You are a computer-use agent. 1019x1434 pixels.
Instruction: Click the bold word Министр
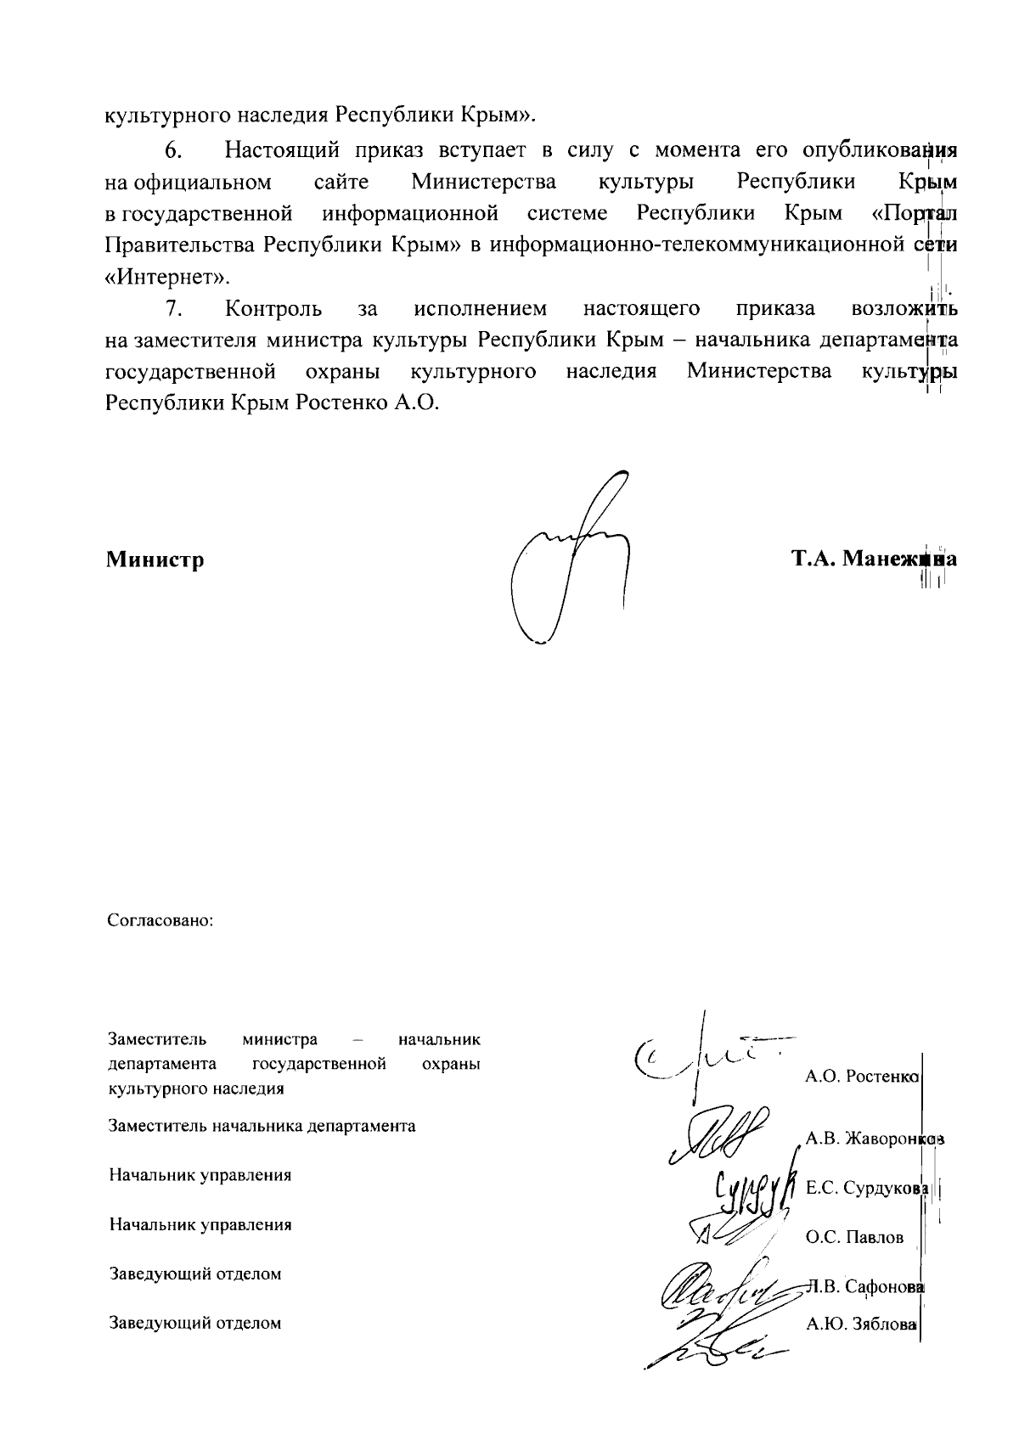pyautogui.click(x=155, y=560)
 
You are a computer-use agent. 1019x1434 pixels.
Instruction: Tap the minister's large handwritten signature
pyautogui.click(x=572, y=569)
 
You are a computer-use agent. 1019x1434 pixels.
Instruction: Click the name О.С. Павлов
pyautogui.click(x=854, y=1238)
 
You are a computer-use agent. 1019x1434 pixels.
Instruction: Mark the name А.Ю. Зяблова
pyautogui.click(x=861, y=1323)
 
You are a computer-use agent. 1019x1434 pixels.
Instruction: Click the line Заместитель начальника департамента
pyautogui.click(x=262, y=1127)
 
